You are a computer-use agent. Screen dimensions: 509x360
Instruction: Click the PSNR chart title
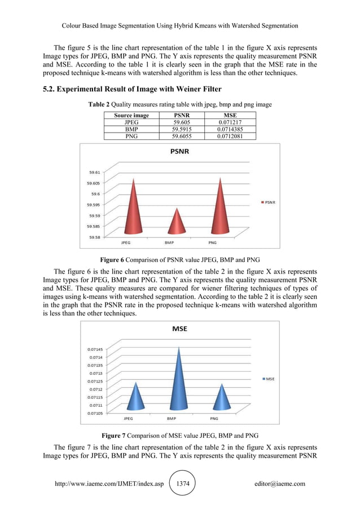tap(180, 151)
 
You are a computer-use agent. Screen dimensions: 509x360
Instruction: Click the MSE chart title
tap(181, 328)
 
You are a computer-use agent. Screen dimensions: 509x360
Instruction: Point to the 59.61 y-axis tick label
tap(95, 172)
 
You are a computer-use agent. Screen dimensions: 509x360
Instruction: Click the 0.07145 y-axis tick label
tap(94, 349)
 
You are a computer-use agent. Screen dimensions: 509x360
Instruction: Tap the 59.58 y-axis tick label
tap(95, 238)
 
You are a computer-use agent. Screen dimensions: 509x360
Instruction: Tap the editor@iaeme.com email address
tap(280, 484)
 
